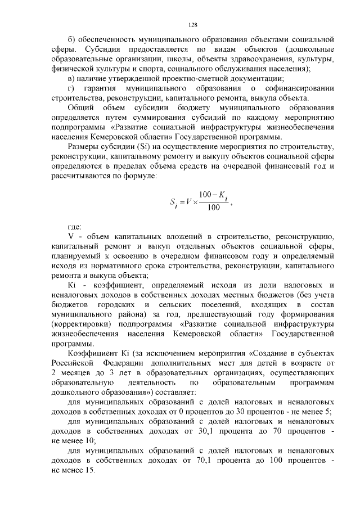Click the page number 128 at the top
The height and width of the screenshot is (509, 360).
click(192, 25)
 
